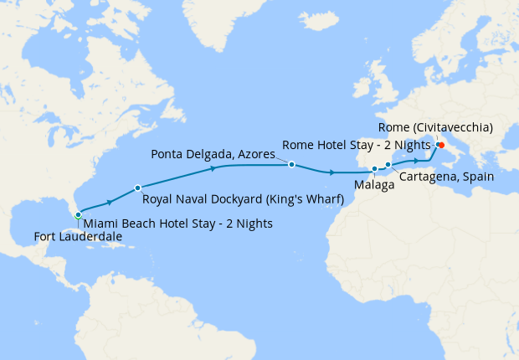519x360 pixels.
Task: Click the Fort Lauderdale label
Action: pos(78,237)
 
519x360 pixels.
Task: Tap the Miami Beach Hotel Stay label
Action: pos(177,224)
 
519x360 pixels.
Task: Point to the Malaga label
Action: pos(374,185)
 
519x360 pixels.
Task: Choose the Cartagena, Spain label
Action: pos(446,177)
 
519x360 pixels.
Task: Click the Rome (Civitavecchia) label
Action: pos(435,127)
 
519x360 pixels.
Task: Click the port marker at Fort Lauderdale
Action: pos(78,215)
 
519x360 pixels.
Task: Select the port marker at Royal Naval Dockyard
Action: pos(137,188)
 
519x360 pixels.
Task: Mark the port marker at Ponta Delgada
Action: pos(291,165)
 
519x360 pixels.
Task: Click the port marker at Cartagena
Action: pos(388,165)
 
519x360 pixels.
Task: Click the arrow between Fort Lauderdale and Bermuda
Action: pos(109,202)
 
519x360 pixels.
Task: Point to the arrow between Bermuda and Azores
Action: pos(213,168)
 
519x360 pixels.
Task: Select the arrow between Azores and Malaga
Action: pos(333,172)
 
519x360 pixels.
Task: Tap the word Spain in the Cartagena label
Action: pos(477,177)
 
